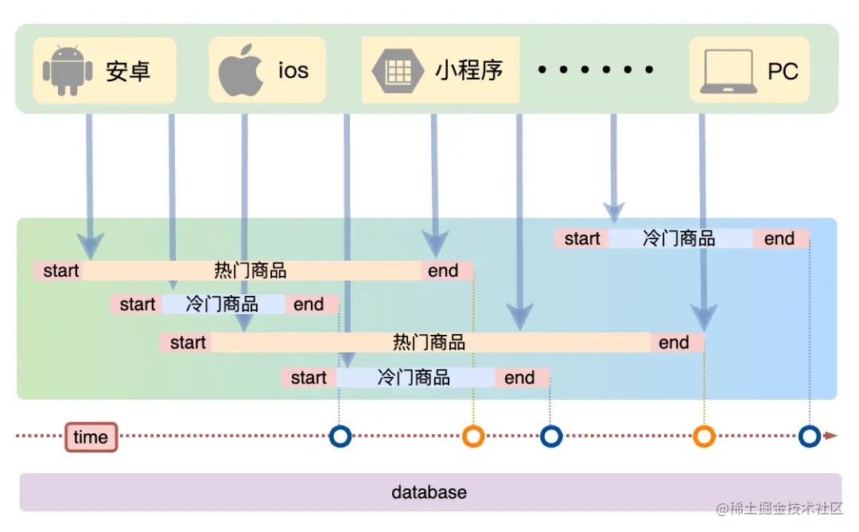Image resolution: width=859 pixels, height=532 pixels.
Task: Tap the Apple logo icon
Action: pyautogui.click(x=241, y=70)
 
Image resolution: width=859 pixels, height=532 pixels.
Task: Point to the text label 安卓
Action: pyautogui.click(x=128, y=71)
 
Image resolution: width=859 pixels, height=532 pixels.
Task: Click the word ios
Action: pyautogui.click(x=293, y=70)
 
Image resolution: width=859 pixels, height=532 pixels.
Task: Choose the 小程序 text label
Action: pyautogui.click(x=468, y=70)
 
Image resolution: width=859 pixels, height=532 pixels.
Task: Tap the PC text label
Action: pyautogui.click(x=783, y=72)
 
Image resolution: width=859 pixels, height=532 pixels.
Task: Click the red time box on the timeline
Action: pyautogui.click(x=91, y=437)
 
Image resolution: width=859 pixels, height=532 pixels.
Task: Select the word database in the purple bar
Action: pyautogui.click(x=429, y=492)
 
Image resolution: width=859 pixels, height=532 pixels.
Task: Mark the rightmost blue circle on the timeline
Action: pyautogui.click(x=810, y=436)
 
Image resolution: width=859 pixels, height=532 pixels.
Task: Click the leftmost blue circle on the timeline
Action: pyautogui.click(x=340, y=436)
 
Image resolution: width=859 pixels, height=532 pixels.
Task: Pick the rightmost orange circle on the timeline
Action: pyautogui.click(x=704, y=436)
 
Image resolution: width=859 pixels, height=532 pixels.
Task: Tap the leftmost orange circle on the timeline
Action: pyautogui.click(x=473, y=436)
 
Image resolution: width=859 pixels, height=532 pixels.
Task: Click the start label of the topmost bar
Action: pyautogui.click(x=582, y=239)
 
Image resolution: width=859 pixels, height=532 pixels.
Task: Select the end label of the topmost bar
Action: pyautogui.click(x=779, y=239)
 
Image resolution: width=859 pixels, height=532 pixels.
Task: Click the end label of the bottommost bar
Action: pyautogui.click(x=520, y=378)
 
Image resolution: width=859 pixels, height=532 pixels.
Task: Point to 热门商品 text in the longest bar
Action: pyautogui.click(x=429, y=343)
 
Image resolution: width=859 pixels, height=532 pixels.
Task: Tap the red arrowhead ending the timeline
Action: pyautogui.click(x=830, y=436)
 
